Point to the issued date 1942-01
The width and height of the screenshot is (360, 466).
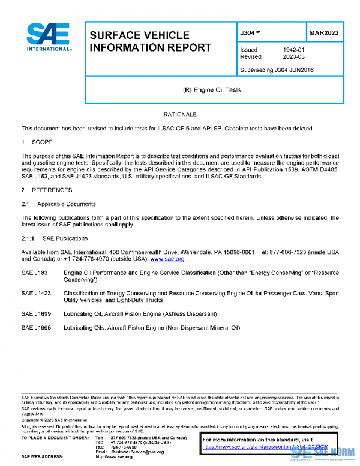tap(293, 50)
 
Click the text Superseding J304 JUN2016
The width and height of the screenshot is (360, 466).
tap(277, 70)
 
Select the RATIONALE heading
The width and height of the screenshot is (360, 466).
tap(179, 114)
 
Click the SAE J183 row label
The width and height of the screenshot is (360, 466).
tap(32, 273)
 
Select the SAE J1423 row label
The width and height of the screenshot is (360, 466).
tap(34, 293)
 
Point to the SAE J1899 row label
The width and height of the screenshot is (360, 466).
tap(34, 313)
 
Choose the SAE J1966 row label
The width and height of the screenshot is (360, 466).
tap(34, 327)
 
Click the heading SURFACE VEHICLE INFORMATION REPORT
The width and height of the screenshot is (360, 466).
tap(150, 41)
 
